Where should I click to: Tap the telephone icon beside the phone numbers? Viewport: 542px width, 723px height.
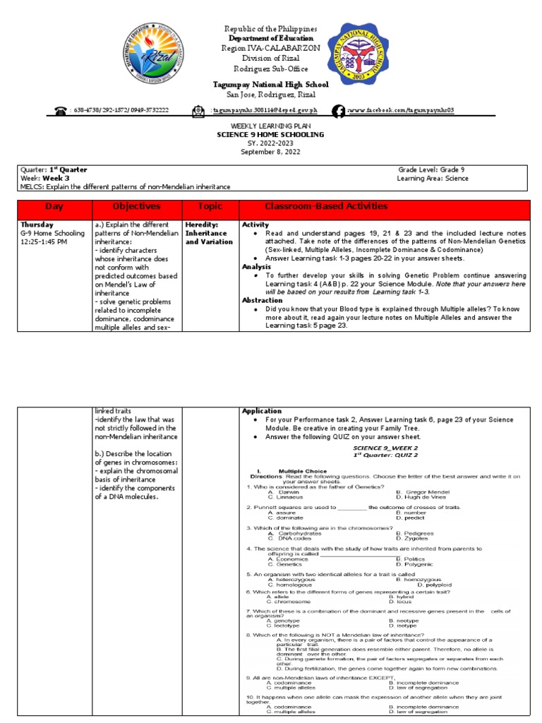coord(59,111)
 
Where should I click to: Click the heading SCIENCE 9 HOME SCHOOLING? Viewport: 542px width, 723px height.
coord(271,134)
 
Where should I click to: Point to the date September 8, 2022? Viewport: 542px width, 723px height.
coord(271,152)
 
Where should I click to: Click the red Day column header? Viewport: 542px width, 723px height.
coord(54,207)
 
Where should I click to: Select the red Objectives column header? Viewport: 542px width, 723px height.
coord(135,207)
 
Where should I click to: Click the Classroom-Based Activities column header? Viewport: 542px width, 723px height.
coord(325,207)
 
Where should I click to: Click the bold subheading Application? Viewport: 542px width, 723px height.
coord(262,411)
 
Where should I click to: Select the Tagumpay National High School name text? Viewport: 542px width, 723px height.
coord(271,84)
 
